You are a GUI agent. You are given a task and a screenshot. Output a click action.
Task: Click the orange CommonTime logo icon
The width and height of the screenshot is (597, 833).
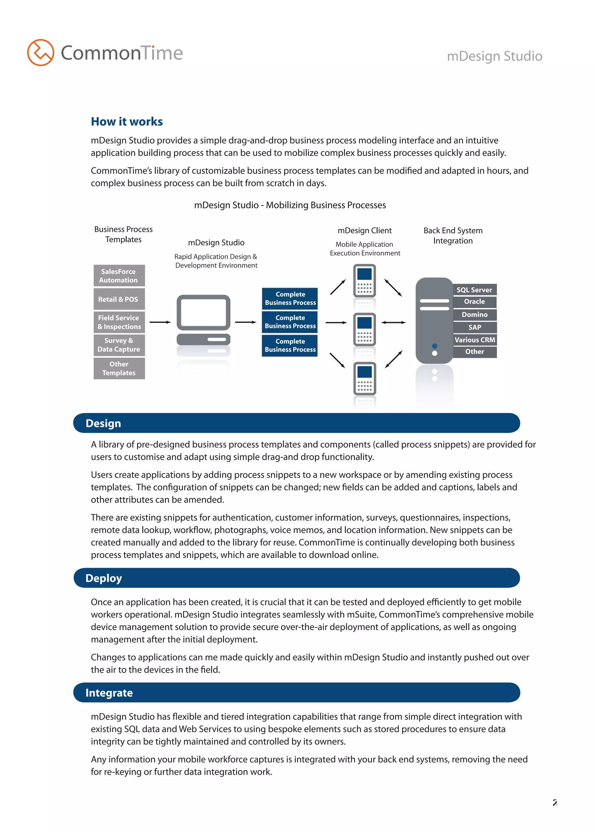coord(41,52)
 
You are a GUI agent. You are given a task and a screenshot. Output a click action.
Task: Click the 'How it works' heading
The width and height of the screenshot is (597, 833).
coord(127,122)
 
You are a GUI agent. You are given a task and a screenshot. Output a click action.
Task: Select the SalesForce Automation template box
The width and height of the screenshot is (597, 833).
coord(119,275)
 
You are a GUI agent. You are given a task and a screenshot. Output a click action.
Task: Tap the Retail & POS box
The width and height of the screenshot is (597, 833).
coord(119,299)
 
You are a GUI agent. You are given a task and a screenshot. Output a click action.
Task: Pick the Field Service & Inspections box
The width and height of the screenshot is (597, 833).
coord(119,322)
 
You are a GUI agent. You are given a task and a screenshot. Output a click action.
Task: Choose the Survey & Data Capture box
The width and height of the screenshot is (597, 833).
coord(119,345)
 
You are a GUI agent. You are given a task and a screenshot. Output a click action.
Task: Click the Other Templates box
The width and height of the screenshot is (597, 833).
coord(119,368)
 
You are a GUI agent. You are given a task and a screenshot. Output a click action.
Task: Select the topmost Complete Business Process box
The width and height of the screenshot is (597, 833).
coord(290,298)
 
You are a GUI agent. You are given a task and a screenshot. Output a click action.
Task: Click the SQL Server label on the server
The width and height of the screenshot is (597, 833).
coord(474,290)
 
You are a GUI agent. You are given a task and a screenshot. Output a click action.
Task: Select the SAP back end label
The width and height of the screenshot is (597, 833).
coord(474,327)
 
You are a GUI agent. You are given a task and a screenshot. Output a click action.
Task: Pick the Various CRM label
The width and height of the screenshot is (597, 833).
coord(474,340)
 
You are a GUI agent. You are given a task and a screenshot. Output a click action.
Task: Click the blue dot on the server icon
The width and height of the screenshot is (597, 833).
coord(434,346)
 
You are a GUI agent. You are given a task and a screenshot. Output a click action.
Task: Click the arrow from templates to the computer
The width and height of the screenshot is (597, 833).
coord(160,322)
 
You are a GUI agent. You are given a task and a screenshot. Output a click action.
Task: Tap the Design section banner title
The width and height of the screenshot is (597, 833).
coord(103,423)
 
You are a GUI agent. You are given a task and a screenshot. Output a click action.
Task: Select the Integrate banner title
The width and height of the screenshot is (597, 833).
coord(109,693)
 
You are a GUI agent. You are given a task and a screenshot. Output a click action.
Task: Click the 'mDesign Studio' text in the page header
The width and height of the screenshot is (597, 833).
coord(494,56)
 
